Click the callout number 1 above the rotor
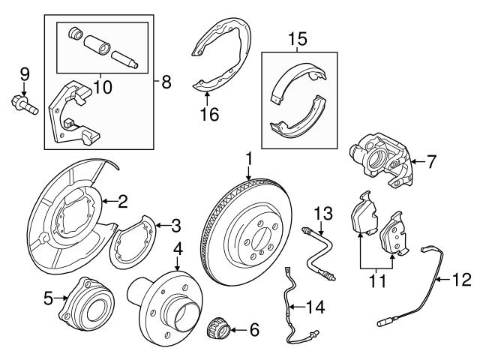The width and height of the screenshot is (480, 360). [x=247, y=158]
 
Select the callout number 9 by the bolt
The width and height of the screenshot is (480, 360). [x=24, y=73]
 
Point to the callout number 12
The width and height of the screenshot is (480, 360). [x=463, y=280]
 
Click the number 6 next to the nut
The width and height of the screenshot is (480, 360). [x=253, y=328]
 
